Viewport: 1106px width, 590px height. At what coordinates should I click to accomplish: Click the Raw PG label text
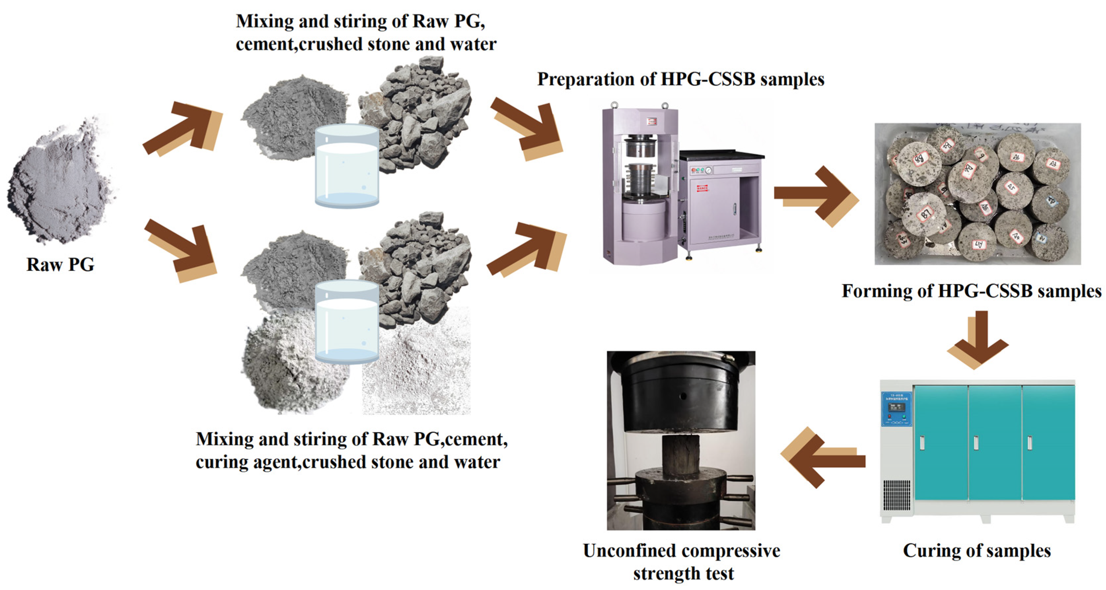(x=60, y=264)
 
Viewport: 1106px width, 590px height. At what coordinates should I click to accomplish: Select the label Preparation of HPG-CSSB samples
(x=680, y=80)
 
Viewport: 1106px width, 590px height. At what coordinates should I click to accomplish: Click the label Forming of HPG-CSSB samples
(x=971, y=291)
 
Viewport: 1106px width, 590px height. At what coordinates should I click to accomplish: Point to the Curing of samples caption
(x=977, y=550)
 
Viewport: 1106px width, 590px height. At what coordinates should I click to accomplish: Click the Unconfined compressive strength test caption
(x=681, y=562)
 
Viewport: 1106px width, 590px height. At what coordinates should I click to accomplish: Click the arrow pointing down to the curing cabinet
(x=978, y=340)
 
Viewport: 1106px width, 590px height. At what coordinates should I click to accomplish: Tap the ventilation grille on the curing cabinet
(x=896, y=494)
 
